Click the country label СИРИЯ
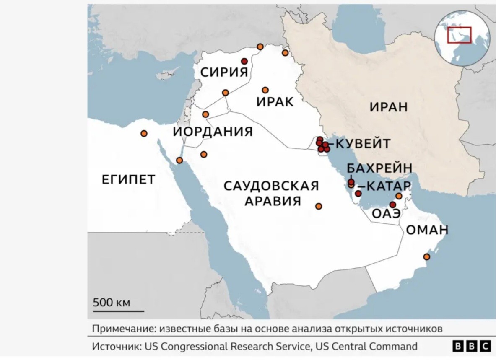point(224,72)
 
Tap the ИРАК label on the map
point(275,102)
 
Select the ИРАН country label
point(389,107)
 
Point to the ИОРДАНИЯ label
point(213,132)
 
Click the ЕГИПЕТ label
point(128,179)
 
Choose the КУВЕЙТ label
point(364,144)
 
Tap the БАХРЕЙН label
point(379,168)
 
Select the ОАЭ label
point(386,213)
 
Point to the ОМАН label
point(427,230)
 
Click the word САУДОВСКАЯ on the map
point(271,186)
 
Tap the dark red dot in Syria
point(244,61)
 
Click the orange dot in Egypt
point(144,133)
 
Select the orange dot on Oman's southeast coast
point(426,256)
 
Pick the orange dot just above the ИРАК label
point(265,90)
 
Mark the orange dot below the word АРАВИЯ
point(319,206)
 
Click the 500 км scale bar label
point(112,302)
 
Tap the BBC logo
point(471,346)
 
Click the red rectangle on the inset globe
point(459,35)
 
